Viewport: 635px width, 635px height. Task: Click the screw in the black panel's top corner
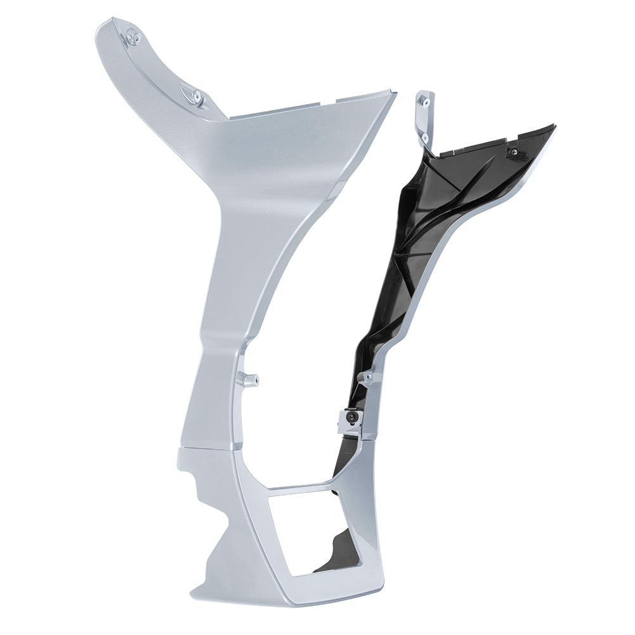(512, 152)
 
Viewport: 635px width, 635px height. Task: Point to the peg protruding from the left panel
(249, 380)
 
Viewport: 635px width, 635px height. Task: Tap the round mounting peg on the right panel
(367, 379)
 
